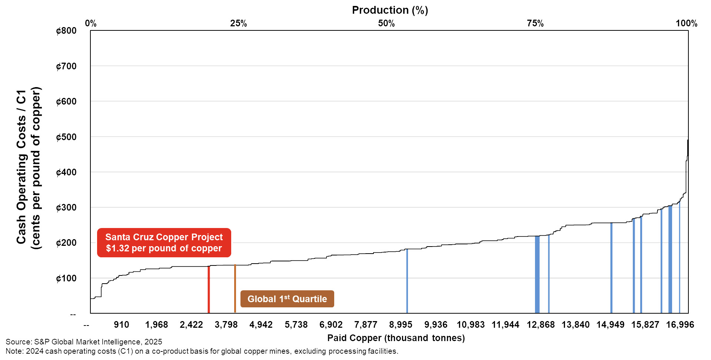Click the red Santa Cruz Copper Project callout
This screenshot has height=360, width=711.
164,242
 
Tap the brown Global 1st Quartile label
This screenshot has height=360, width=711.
287,299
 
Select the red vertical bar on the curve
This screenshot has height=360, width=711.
209,289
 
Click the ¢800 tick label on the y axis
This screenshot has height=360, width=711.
66,31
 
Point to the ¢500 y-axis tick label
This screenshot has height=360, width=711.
66,137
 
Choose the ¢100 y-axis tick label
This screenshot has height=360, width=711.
66,278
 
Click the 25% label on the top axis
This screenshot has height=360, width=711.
238,23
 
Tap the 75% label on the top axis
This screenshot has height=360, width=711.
535,23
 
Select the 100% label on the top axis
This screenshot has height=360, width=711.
686,23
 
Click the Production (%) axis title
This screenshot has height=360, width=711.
390,10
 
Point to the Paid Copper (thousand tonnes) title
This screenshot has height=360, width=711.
396,338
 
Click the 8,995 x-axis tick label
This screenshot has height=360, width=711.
401,325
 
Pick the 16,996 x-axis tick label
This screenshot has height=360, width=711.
680,325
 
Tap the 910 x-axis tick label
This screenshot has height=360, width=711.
122,325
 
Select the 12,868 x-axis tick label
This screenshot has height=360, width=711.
541,325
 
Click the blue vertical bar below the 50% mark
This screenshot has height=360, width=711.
407,282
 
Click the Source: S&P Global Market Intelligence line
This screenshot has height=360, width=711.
84,342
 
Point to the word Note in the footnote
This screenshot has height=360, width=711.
14,351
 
